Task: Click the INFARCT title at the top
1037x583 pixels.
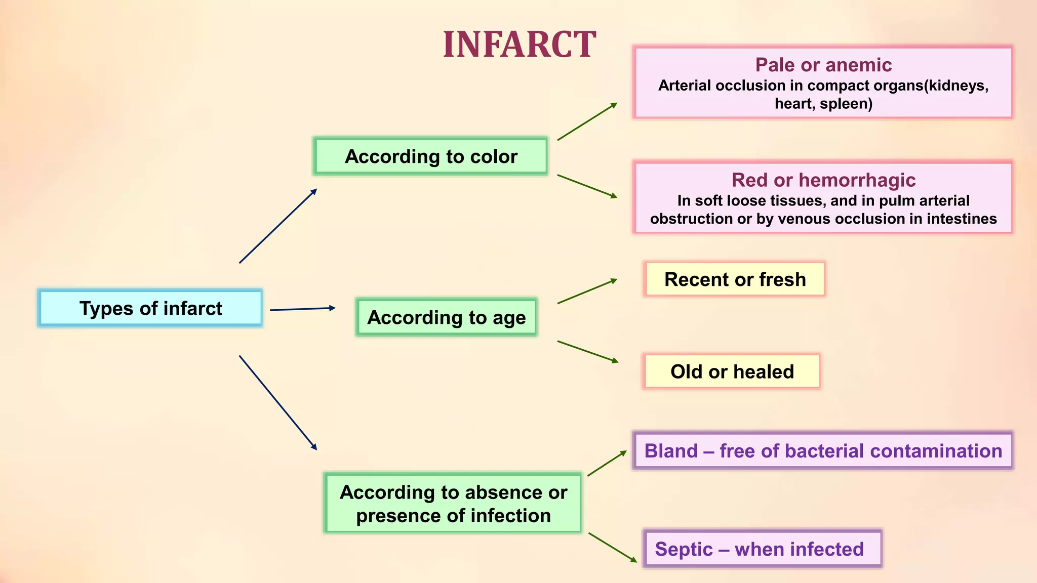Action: click(519, 45)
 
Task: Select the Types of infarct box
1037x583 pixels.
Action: click(150, 308)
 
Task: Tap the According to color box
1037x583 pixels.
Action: click(431, 156)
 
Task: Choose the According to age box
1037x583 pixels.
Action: click(446, 317)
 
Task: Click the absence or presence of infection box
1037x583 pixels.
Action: click(453, 504)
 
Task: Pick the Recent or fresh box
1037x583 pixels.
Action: click(735, 279)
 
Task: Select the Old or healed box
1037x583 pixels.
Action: click(732, 371)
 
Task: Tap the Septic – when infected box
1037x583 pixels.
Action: click(763, 549)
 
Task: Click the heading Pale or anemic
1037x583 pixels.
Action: click(823, 65)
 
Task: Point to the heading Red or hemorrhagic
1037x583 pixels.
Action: click(823, 180)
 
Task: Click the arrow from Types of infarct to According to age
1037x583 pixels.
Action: click(302, 309)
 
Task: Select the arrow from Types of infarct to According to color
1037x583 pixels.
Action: click(278, 226)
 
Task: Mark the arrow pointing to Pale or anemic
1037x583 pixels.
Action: click(587, 121)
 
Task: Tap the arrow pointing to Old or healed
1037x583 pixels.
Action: click(588, 352)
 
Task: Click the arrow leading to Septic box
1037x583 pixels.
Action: click(613, 547)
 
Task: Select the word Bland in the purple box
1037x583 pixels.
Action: click(670, 451)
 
